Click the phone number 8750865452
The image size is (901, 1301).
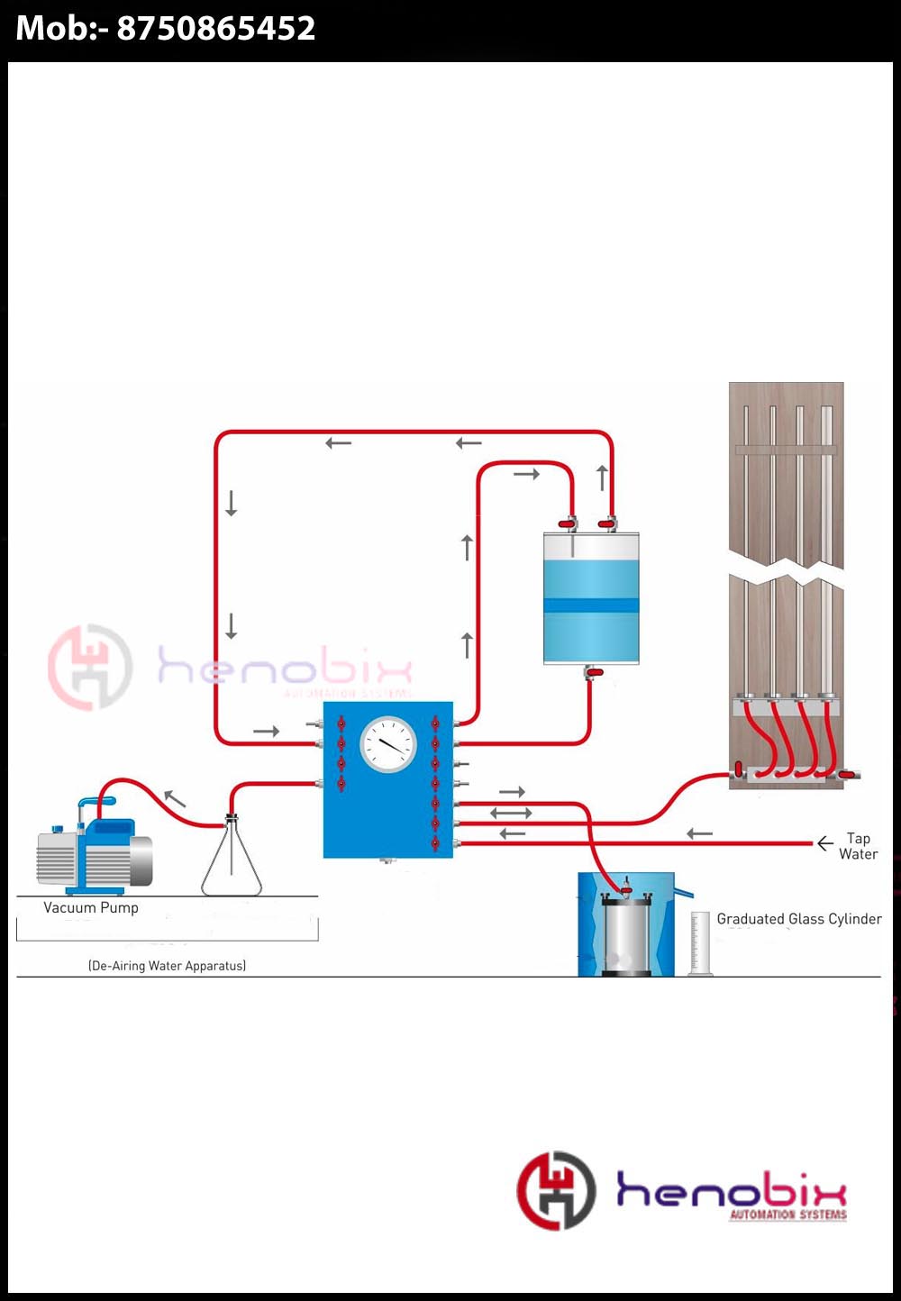click(x=216, y=29)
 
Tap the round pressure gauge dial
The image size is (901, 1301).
click(x=388, y=744)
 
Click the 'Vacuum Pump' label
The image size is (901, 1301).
click(x=91, y=908)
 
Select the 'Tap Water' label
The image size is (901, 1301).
click(x=858, y=846)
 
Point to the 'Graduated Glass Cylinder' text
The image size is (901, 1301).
click(x=799, y=919)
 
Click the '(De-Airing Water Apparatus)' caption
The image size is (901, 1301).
click(x=167, y=966)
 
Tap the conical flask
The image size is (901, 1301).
click(x=232, y=860)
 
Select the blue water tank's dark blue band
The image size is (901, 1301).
click(x=591, y=605)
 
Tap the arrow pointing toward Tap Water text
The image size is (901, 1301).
click(x=824, y=844)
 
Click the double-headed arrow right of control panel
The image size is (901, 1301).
click(x=511, y=813)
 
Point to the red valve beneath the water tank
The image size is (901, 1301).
click(x=594, y=672)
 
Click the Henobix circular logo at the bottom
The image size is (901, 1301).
click(x=556, y=1190)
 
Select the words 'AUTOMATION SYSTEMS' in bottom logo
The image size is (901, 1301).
click(x=788, y=1215)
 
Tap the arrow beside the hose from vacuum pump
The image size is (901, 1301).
click(x=175, y=797)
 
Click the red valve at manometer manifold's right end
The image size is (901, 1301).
click(x=846, y=774)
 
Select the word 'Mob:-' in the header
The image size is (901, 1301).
click(x=61, y=29)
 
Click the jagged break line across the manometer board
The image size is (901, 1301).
click(x=786, y=569)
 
